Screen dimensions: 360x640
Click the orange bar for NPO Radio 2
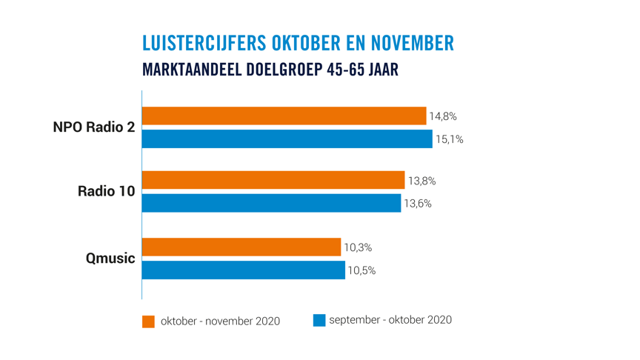(284, 116)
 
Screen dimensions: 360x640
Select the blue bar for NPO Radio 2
(287, 139)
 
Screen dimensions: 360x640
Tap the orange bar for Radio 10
(273, 180)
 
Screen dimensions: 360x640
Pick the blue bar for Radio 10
(271, 203)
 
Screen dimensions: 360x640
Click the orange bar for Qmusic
(241, 247)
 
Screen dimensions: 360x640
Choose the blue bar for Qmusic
(243, 270)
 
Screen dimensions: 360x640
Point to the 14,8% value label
(443, 116)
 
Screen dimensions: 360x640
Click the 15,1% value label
(449, 139)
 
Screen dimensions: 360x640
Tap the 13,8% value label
(421, 181)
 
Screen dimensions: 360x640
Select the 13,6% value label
(418, 204)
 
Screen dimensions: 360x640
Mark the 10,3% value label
(358, 247)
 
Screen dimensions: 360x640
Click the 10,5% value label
(361, 270)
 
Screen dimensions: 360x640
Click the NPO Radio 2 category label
(94, 127)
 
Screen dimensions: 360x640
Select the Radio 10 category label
(107, 192)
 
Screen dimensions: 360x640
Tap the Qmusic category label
(111, 259)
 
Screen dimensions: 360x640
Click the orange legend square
(148, 321)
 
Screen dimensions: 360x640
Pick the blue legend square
(319, 320)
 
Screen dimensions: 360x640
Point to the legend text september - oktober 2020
(390, 320)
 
